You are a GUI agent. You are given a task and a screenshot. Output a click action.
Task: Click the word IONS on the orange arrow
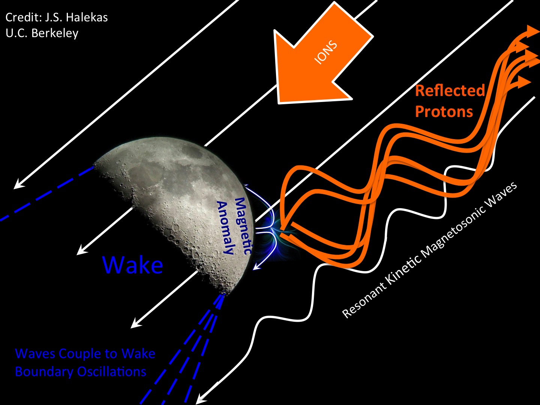click(325, 52)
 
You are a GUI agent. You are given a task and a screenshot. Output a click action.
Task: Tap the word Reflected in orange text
click(450, 91)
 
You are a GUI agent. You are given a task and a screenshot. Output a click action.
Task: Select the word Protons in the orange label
click(444, 112)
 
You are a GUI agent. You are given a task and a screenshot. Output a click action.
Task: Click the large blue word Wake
click(133, 265)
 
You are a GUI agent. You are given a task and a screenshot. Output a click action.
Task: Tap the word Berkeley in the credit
click(55, 33)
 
